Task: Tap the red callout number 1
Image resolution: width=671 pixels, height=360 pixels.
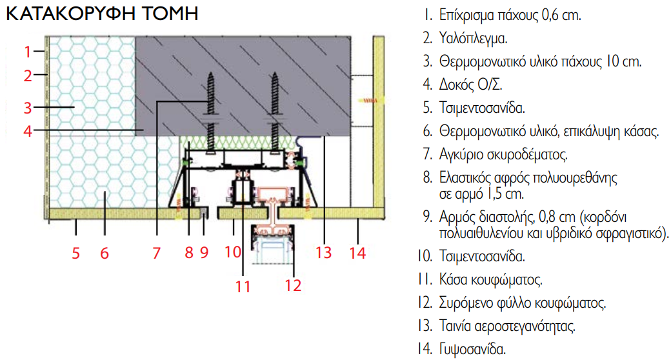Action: pos(28,51)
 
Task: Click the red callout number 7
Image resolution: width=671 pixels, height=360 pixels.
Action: pos(156,253)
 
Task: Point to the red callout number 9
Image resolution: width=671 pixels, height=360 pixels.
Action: pos(205,253)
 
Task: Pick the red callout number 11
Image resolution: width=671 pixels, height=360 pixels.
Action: pos(243,285)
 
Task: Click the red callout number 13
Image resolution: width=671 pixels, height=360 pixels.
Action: pos(325,253)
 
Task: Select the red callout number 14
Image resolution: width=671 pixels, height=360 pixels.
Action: pos(357,253)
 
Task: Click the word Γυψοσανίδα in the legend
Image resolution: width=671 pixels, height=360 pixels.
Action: pos(474,350)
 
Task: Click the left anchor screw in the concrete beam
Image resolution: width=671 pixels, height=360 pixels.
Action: pos(210,103)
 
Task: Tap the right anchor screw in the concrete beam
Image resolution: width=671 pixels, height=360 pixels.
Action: pos(276,103)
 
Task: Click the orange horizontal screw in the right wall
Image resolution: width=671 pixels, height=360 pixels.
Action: pos(370,101)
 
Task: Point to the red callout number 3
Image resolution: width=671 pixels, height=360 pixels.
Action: pos(28,106)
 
